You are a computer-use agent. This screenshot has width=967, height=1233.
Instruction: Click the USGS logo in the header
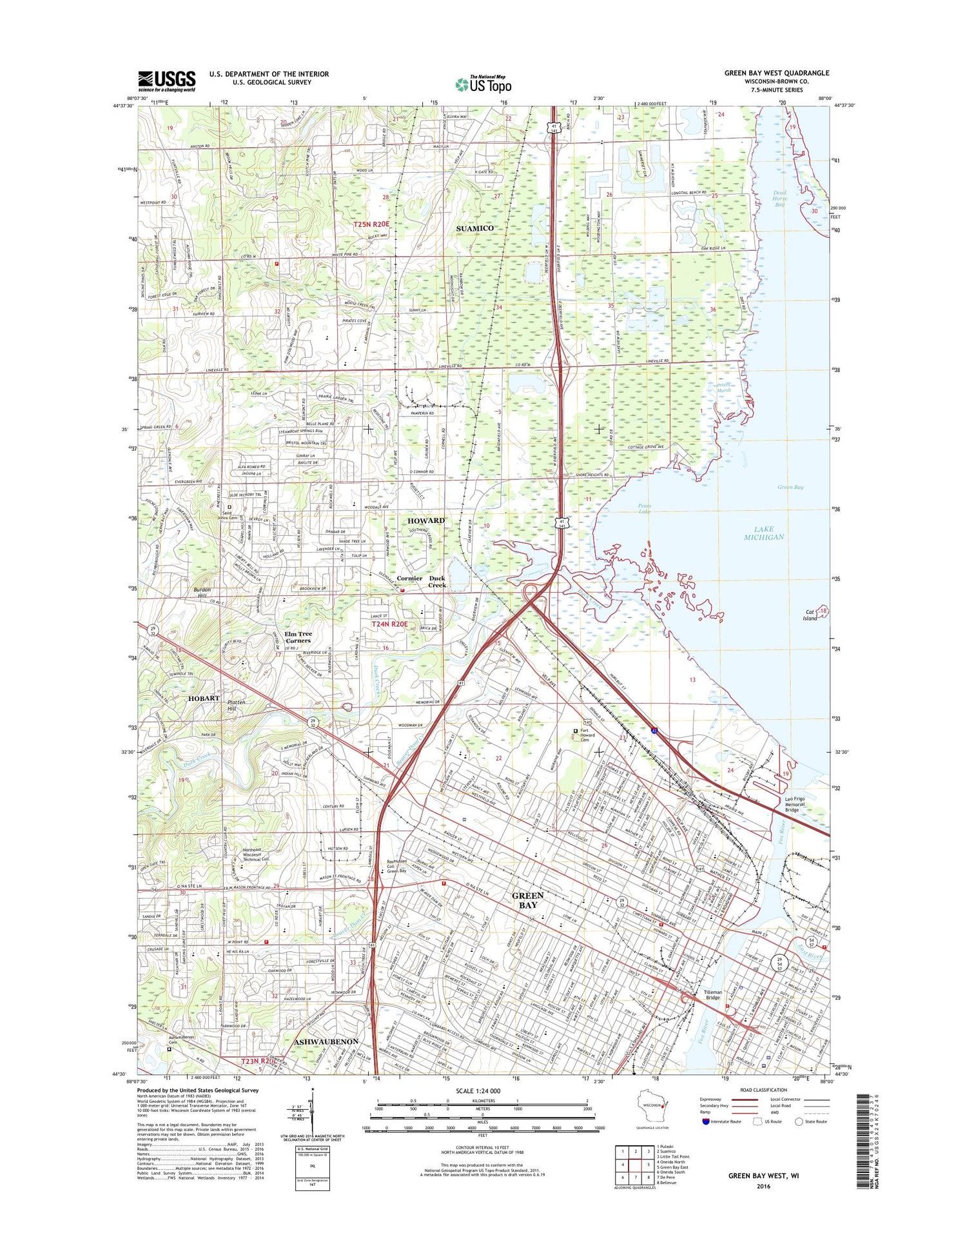tap(166, 81)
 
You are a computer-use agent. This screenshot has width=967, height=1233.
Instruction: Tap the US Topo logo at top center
tap(483, 84)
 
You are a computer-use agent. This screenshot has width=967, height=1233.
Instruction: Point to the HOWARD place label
tap(425, 520)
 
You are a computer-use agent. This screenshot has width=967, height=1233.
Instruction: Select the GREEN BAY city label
tap(527, 900)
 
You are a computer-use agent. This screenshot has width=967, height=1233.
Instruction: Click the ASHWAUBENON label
tap(326, 1042)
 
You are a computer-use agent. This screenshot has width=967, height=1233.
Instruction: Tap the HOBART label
tap(204, 698)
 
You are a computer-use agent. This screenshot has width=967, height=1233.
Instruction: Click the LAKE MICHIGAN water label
tap(763, 533)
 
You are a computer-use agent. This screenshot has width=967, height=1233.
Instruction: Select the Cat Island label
tap(810, 615)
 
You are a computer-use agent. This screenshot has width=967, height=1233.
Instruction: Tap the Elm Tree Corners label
tap(298, 637)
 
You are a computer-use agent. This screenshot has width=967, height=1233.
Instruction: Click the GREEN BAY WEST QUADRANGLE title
tap(776, 73)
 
